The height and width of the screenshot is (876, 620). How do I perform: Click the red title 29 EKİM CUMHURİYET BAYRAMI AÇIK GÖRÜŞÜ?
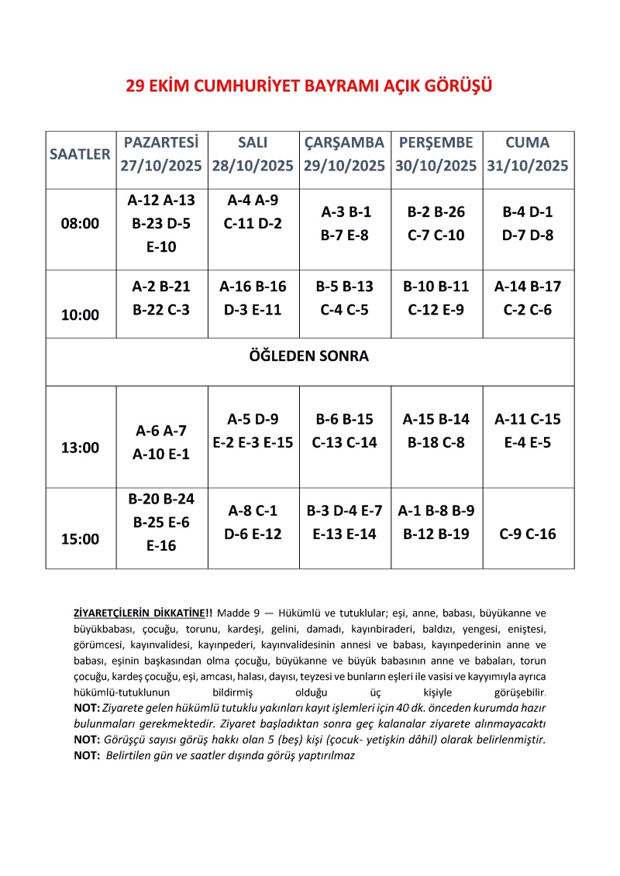[x=309, y=85]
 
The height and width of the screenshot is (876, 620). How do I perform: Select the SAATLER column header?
[x=80, y=154]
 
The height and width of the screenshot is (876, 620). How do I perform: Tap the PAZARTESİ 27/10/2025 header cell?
[x=161, y=154]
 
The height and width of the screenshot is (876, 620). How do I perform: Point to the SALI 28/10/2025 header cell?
[x=253, y=154]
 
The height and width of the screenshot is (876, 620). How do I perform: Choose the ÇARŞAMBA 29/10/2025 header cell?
[x=345, y=154]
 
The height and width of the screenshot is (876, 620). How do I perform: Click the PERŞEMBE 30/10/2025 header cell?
[x=436, y=154]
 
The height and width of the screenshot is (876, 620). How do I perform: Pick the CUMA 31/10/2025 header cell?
[x=528, y=154]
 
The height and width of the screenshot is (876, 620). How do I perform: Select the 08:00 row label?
[x=80, y=224]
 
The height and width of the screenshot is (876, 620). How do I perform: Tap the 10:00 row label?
[x=80, y=314]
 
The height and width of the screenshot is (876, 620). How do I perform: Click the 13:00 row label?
[x=80, y=448]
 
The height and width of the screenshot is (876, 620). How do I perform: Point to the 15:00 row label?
[x=80, y=539]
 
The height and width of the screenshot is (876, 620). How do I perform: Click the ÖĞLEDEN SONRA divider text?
[x=309, y=357]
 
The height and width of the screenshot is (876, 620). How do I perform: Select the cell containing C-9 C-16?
[x=528, y=534]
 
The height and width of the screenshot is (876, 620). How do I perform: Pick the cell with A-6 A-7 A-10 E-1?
[x=161, y=442]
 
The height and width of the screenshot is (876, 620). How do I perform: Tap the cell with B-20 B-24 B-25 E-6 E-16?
[x=161, y=522]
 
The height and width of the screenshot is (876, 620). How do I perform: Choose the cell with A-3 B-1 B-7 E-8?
[x=345, y=224]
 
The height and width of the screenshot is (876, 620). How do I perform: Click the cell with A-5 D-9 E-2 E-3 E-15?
[x=253, y=431]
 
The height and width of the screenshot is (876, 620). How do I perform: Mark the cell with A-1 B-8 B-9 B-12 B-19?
[x=436, y=522]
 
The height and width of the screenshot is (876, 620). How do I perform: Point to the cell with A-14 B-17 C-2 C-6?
[x=528, y=297]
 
